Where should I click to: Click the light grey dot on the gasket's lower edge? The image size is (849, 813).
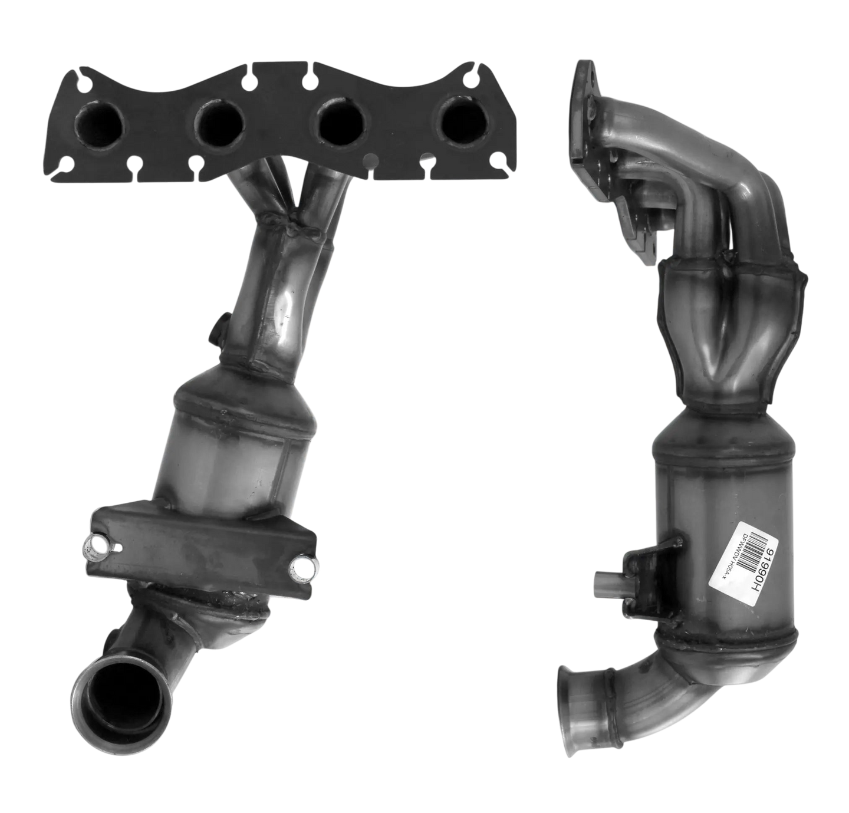point(370,159)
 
